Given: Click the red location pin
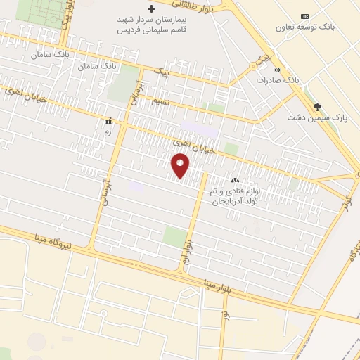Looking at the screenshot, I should (x=181, y=166).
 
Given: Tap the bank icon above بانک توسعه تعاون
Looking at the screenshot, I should (x=304, y=15).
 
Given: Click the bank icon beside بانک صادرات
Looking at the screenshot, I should (x=278, y=70).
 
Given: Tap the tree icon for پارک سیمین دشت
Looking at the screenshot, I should (x=318, y=107).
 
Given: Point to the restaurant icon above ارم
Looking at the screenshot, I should (x=108, y=121).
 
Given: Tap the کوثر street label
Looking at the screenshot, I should (x=344, y=195).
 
